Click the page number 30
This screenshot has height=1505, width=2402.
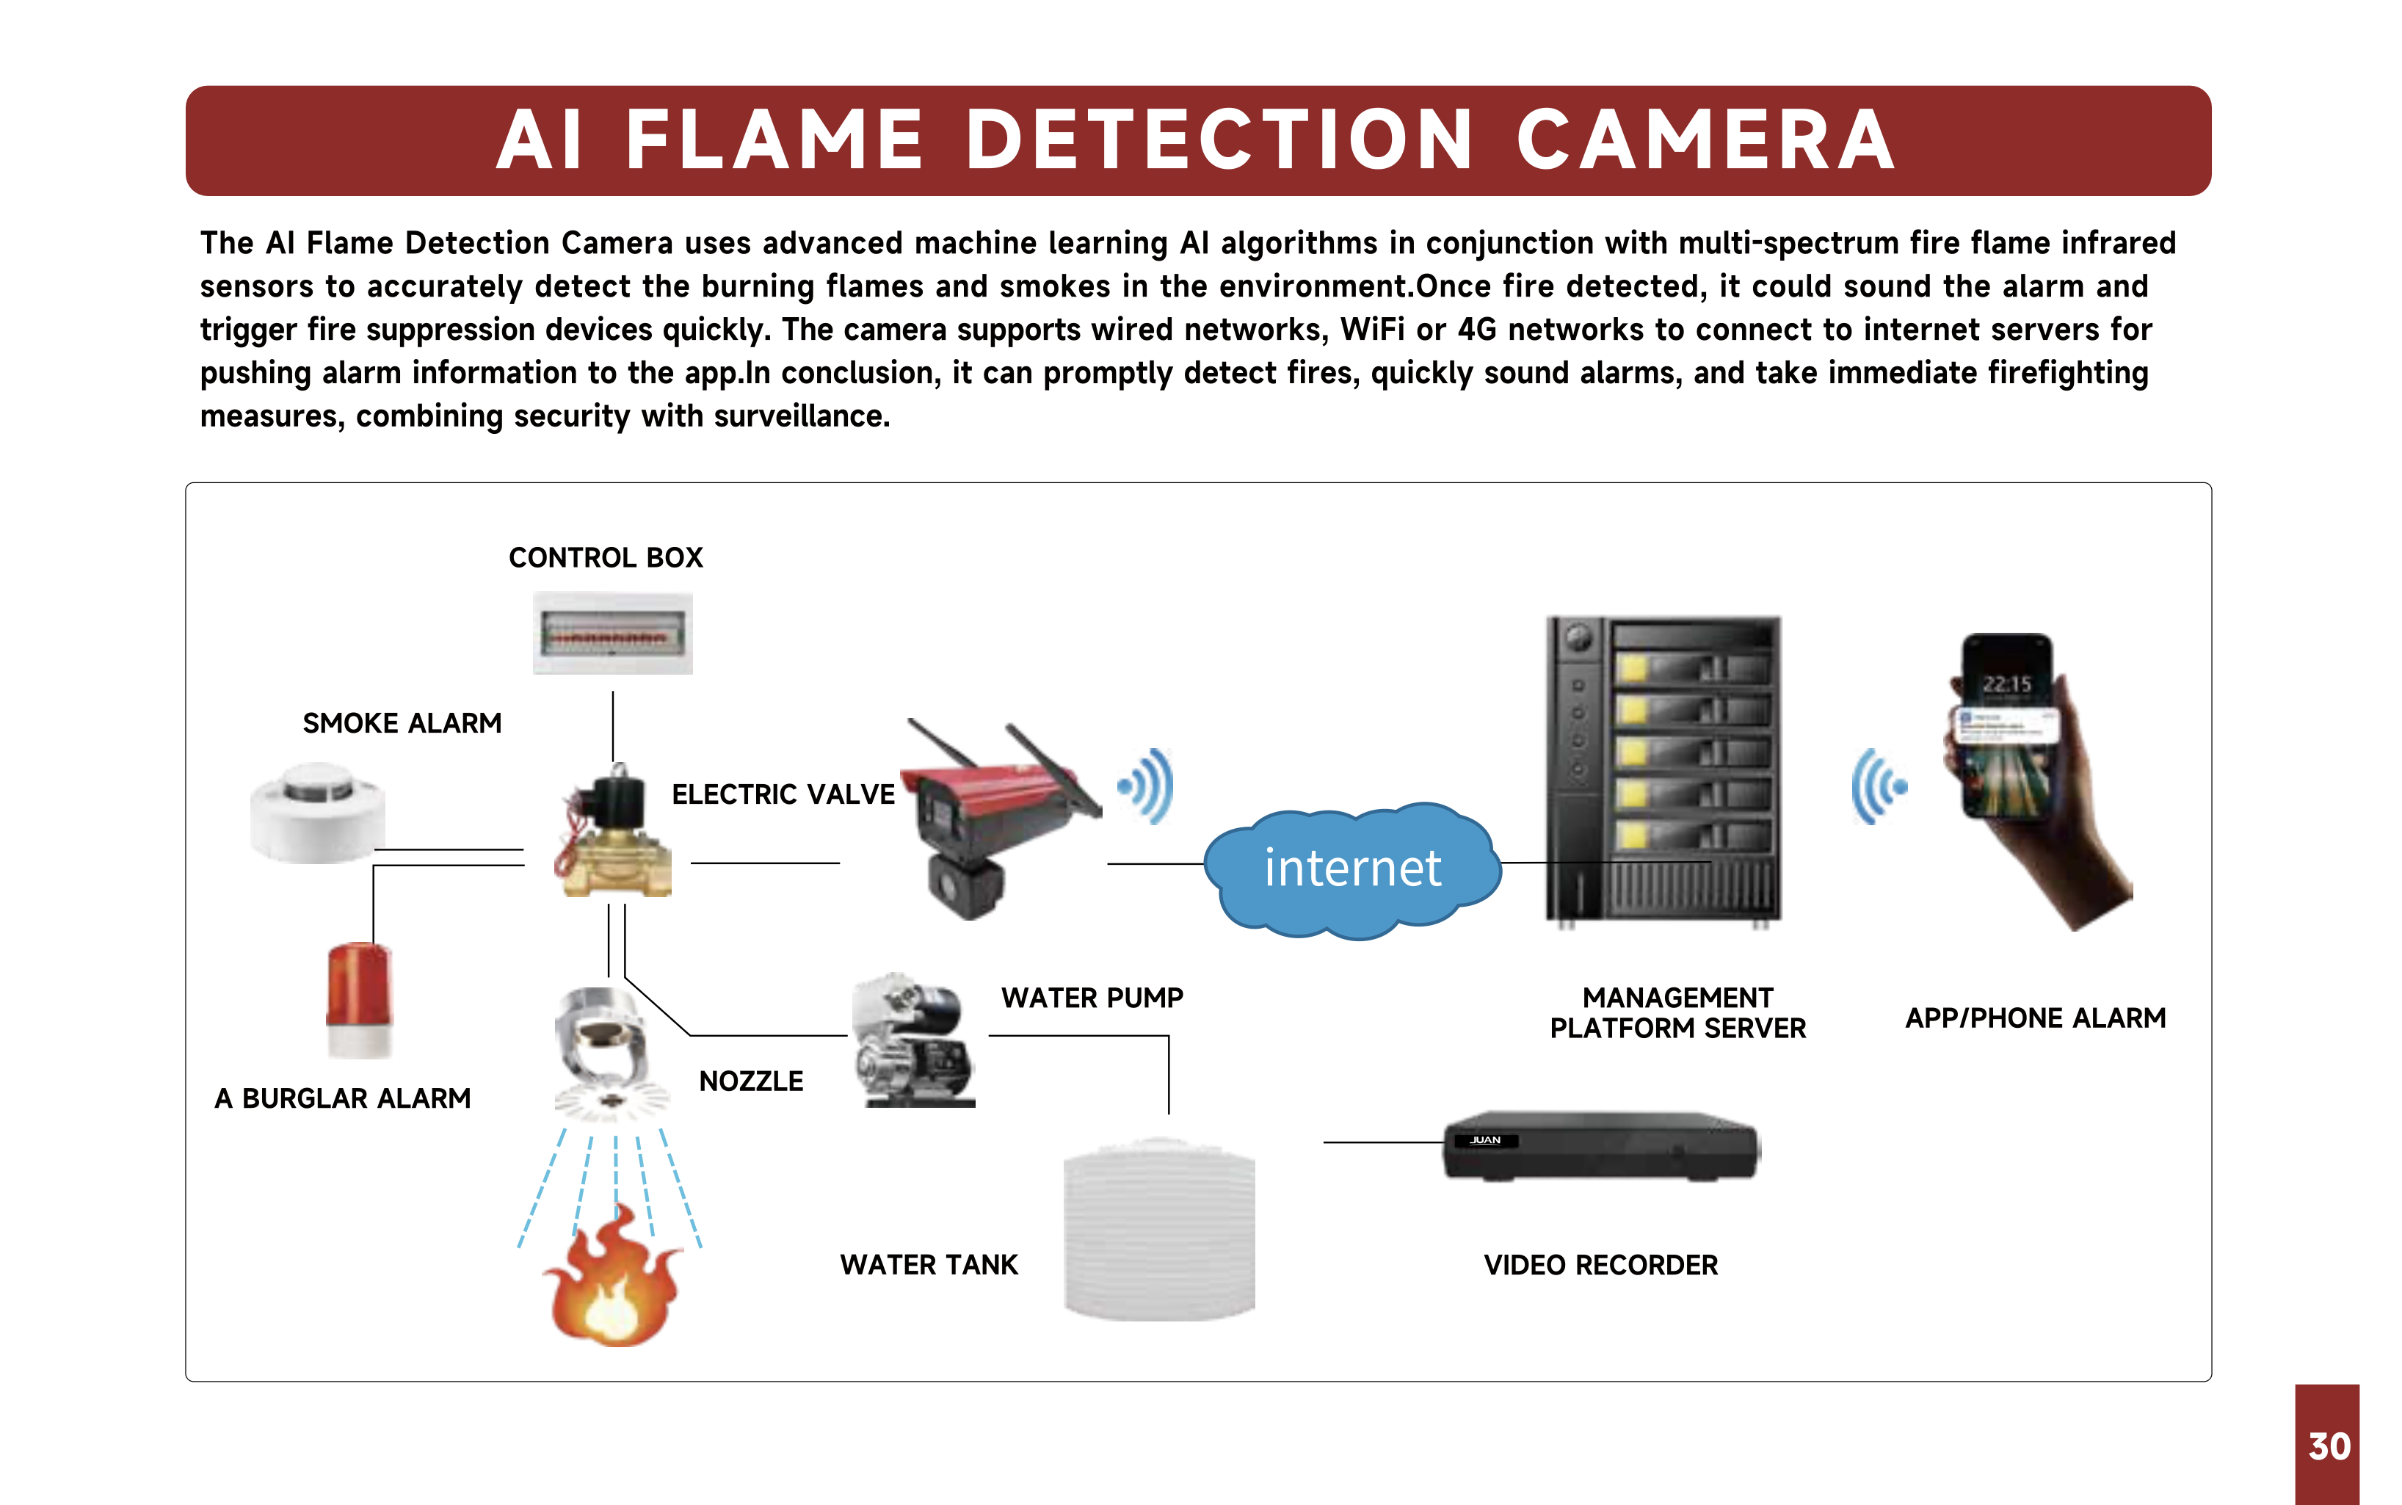coord(2329,1446)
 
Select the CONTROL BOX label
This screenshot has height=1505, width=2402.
coord(605,557)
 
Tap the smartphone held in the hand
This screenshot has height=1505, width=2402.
coord(2006,727)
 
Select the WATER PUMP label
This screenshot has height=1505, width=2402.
coord(1092,998)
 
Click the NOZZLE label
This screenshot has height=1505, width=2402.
coord(750,1081)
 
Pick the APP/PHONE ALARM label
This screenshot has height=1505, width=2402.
coord(2035,1018)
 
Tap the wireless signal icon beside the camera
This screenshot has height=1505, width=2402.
coord(1147,786)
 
